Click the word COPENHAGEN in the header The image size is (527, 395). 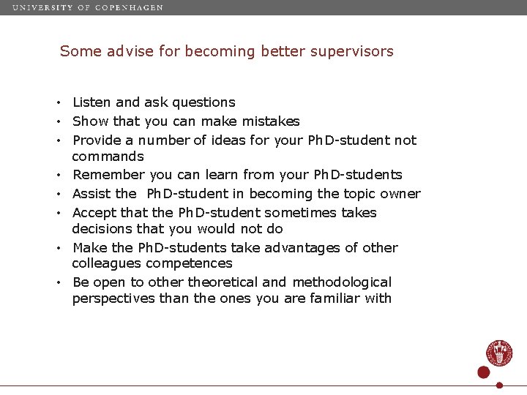pos(129,7)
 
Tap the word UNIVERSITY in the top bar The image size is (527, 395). pos(41,7)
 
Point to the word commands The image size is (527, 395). pos(108,157)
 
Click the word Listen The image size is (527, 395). pos(91,102)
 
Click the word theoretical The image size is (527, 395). pos(223,282)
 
